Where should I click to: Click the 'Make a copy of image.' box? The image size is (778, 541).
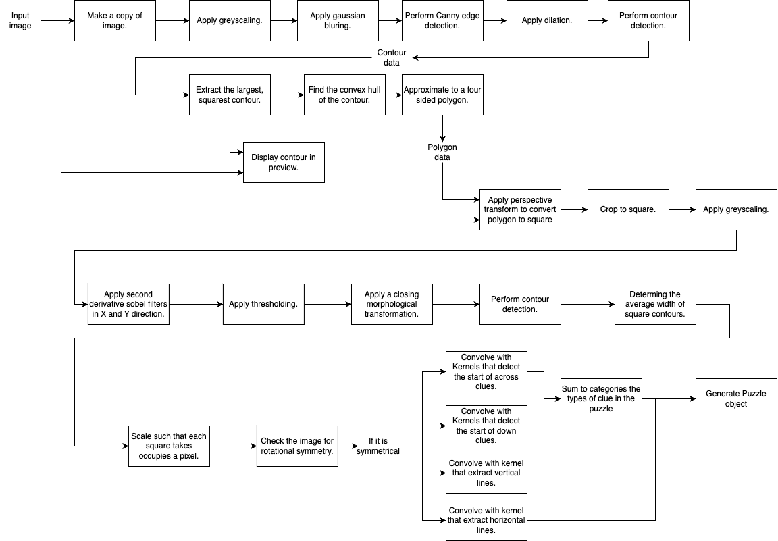(115, 20)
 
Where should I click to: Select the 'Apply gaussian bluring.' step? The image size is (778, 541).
(338, 20)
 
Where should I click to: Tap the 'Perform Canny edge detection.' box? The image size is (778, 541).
(442, 20)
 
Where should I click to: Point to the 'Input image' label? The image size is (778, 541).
(20, 20)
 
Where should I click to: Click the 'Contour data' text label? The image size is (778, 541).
(392, 57)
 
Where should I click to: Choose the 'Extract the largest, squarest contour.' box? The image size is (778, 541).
(230, 95)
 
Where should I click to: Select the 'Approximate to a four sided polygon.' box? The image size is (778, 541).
(442, 95)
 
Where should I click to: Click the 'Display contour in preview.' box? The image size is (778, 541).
(284, 162)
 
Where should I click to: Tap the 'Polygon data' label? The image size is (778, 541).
(442, 152)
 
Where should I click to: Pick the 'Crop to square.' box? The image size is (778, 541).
(628, 209)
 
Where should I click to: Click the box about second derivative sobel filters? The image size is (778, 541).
(128, 304)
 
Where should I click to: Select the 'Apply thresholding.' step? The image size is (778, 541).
(263, 304)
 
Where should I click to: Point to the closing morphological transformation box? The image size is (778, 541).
(392, 304)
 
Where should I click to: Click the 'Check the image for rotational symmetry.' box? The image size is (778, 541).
(297, 446)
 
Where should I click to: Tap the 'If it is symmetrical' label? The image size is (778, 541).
(378, 446)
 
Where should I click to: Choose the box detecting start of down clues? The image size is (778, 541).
(486, 426)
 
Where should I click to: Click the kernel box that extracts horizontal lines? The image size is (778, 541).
(486, 520)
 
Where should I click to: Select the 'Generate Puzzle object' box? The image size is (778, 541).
(736, 398)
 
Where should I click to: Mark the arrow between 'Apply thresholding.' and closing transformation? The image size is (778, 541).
(328, 304)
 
